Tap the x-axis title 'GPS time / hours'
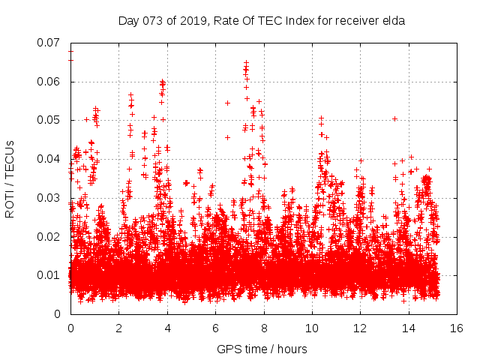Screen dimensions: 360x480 [262, 349]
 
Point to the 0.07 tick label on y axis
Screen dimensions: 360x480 [50, 43]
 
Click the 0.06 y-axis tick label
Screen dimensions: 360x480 [50, 82]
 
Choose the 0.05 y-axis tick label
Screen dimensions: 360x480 [50, 120]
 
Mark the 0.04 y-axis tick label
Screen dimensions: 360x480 [50, 159]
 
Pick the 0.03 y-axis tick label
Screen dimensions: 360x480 [50, 198]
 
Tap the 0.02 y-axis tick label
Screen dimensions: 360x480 [50, 237]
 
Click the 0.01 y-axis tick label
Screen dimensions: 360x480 [50, 275]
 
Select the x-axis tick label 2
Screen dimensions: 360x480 [118, 328]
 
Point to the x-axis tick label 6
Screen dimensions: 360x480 [215, 328]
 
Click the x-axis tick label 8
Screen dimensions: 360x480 [264, 328]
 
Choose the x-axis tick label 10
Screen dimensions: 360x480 [312, 328]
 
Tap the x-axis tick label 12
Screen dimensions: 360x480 [361, 328]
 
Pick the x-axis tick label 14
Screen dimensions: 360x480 [409, 328]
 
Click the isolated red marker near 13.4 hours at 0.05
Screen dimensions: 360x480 [394, 118]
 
